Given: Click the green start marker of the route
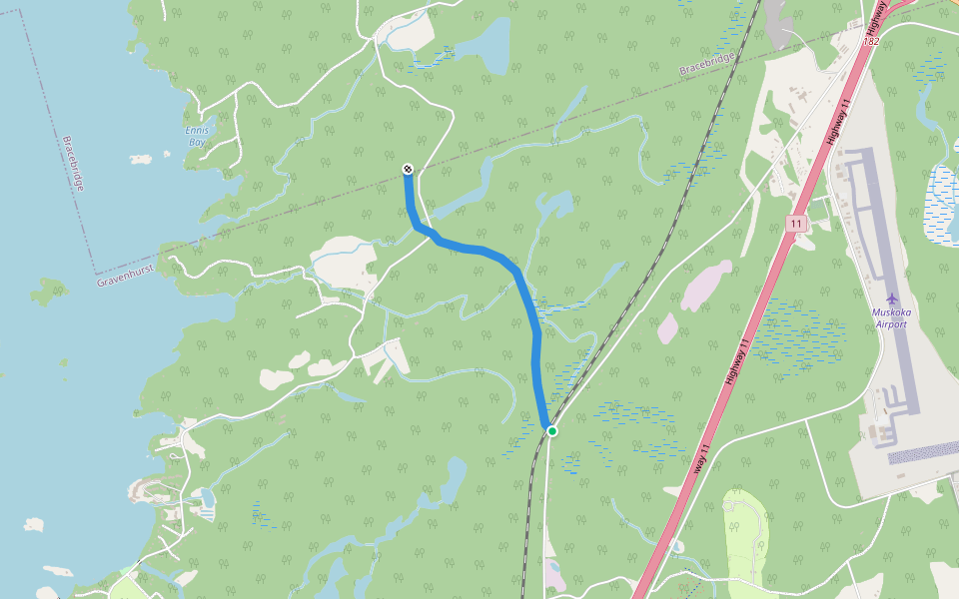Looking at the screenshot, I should tap(551, 430).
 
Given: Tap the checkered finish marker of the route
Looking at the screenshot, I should tap(408, 169).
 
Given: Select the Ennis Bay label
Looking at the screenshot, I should tap(197, 137).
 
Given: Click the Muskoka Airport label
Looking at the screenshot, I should tap(891, 318).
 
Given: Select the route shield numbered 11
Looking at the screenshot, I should tap(795, 224).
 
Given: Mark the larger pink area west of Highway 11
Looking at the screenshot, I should tap(707, 287).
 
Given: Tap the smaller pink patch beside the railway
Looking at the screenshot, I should tap(667, 328).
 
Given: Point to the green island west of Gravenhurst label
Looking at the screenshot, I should tap(48, 291).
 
